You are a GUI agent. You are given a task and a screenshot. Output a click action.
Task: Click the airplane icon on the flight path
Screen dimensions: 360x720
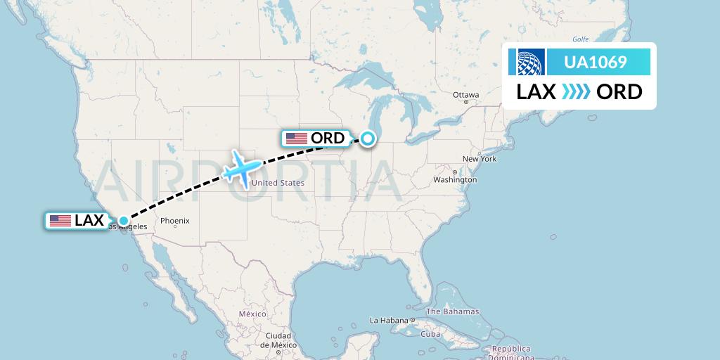(241, 169)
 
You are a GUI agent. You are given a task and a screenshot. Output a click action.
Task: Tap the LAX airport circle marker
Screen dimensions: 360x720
(124, 221)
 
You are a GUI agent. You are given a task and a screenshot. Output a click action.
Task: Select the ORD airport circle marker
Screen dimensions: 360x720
(368, 139)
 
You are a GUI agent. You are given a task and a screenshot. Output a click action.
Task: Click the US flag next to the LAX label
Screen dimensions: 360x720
(60, 221)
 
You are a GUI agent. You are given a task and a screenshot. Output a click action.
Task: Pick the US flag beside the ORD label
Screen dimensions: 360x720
(297, 139)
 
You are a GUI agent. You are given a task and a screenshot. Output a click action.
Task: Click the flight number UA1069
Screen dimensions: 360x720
(596, 63)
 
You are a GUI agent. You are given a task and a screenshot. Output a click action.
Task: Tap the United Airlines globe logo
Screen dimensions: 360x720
(531, 62)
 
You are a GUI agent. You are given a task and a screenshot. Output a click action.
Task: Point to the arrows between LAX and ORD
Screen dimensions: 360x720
(577, 92)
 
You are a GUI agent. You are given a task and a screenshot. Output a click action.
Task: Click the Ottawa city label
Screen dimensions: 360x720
(465, 95)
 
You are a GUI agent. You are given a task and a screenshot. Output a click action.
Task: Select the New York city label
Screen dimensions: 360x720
(480, 159)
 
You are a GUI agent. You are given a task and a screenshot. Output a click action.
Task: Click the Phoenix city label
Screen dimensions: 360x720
(174, 221)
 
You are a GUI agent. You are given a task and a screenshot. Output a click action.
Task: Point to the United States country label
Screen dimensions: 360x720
(278, 183)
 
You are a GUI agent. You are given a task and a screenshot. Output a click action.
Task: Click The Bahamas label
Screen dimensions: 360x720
(452, 311)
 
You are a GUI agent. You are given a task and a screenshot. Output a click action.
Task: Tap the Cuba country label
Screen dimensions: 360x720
(430, 334)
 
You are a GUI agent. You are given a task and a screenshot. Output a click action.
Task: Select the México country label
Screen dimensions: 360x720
(252, 314)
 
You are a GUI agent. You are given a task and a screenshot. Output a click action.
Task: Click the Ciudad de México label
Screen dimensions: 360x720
(278, 340)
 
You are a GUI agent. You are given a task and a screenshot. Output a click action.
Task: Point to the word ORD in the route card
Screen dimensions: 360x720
(619, 92)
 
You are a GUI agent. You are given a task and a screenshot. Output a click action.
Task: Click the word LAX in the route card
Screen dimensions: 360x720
(536, 92)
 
